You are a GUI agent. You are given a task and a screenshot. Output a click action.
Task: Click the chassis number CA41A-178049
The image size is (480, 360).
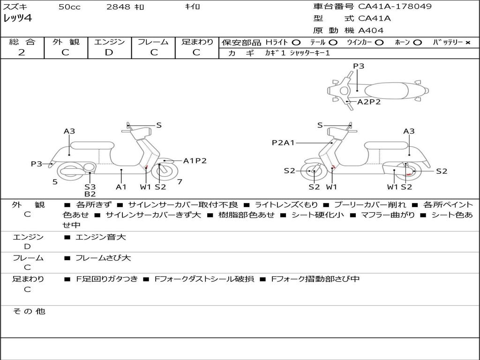point(395,7)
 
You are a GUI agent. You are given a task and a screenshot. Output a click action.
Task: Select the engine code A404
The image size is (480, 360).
point(371,30)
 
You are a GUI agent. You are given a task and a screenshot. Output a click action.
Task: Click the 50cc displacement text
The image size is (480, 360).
point(68,7)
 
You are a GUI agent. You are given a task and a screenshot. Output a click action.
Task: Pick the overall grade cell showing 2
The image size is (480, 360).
point(22,52)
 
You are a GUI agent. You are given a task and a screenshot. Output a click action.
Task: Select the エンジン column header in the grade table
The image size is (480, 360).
point(109,42)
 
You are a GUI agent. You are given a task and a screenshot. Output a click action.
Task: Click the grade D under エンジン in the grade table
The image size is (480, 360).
point(109,52)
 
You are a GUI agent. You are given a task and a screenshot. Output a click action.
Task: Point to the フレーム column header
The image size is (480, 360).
point(153,42)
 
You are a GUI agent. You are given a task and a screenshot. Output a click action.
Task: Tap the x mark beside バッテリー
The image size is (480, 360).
point(467,43)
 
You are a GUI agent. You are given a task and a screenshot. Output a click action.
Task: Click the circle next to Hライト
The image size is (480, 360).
point(296,43)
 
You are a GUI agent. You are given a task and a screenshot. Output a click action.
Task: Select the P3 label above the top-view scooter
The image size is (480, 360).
point(359,66)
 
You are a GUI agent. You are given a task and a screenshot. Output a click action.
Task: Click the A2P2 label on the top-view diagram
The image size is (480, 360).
point(369,102)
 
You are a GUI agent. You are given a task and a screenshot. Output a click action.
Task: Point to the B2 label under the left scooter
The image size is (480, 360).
point(90,194)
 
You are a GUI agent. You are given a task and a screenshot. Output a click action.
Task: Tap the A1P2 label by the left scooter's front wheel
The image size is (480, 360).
point(195,161)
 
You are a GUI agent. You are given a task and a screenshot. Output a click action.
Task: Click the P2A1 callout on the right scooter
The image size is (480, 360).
point(283,142)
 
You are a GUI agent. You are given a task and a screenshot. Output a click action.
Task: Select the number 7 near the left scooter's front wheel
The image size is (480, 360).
point(180,181)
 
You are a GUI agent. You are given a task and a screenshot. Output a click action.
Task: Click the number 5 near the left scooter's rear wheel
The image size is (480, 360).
point(55,182)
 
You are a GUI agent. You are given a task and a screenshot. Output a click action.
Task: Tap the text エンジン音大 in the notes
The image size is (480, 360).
point(101,237)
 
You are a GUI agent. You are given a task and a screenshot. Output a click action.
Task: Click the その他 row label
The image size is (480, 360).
point(29,311)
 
